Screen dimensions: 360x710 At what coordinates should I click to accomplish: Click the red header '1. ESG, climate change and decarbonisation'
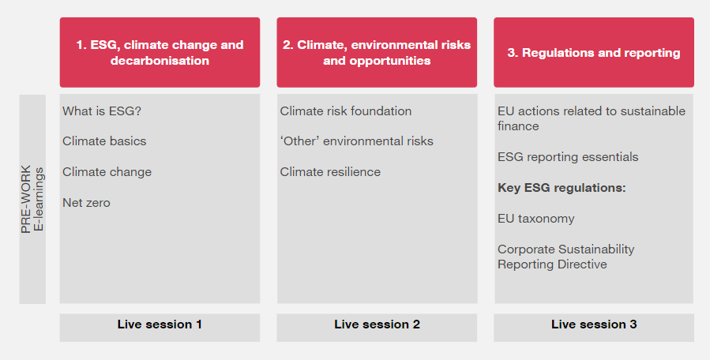pyautogui.click(x=160, y=52)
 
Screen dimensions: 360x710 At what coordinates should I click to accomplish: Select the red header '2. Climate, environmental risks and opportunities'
pyautogui.click(x=377, y=52)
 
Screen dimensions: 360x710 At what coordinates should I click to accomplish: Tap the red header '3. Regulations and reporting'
pyautogui.click(x=593, y=53)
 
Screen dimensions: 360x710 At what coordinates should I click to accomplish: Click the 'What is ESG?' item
pyautogui.click(x=102, y=111)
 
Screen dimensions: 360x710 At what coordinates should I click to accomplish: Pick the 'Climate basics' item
pyautogui.click(x=104, y=141)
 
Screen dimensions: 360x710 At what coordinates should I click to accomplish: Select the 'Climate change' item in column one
pyautogui.click(x=107, y=172)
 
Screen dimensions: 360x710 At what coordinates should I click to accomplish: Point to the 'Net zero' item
pyautogui.click(x=86, y=203)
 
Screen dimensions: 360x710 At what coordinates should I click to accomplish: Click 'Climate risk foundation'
pyautogui.click(x=346, y=111)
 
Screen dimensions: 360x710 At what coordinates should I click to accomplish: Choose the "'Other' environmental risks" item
pyautogui.click(x=356, y=141)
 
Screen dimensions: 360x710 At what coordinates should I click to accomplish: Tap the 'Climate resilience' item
pyautogui.click(x=330, y=172)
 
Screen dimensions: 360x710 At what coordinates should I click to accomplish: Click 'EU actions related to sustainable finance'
pyautogui.click(x=591, y=118)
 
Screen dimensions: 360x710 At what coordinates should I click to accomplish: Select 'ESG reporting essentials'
pyautogui.click(x=568, y=157)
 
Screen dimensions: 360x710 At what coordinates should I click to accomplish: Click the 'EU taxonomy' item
pyautogui.click(x=535, y=219)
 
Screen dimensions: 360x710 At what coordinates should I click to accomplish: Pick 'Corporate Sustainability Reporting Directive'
pyautogui.click(x=565, y=257)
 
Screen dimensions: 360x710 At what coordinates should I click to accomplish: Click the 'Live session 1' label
pyautogui.click(x=160, y=324)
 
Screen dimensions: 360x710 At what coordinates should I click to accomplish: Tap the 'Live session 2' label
pyautogui.click(x=377, y=324)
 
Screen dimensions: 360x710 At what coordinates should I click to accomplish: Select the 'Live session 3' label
pyautogui.click(x=593, y=324)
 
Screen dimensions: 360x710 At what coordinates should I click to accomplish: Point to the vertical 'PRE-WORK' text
pyautogui.click(x=26, y=199)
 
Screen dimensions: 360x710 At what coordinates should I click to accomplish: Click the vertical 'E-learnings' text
pyautogui.click(x=39, y=199)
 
